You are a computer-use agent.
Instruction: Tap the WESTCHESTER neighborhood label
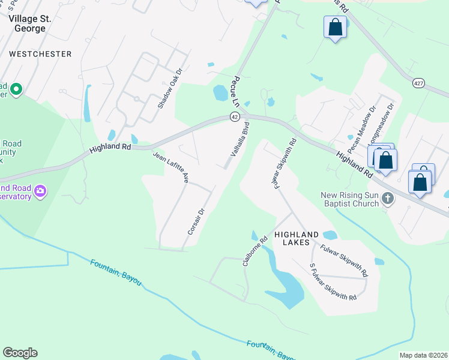[40, 54]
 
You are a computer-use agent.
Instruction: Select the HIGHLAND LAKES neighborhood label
[292, 238]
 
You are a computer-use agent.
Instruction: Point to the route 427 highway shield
[419, 83]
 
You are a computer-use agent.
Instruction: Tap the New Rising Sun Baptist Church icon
[388, 199]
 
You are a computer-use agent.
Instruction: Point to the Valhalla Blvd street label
[239, 142]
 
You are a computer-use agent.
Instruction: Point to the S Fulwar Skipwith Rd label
[333, 282]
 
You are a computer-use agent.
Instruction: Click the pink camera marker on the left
[40, 191]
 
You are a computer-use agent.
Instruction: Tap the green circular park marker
[16, 91]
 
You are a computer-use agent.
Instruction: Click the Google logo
[20, 353]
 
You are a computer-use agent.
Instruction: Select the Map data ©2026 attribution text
[423, 355]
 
